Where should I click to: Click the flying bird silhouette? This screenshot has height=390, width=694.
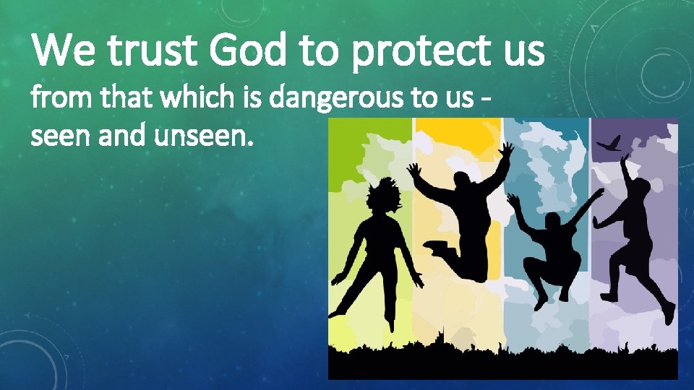click(608, 144)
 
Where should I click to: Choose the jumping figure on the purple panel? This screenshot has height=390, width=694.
click(636, 231)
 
